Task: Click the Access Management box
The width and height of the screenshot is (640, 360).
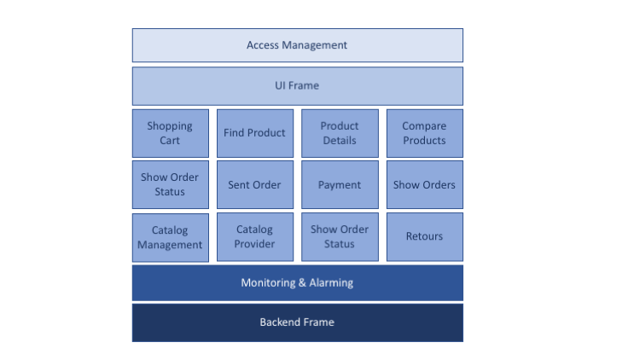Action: click(x=297, y=45)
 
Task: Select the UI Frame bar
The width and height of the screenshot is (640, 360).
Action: click(x=297, y=85)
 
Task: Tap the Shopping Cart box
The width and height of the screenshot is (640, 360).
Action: click(x=170, y=133)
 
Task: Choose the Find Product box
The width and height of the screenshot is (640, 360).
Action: click(x=254, y=133)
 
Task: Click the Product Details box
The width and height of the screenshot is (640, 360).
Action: click(x=340, y=133)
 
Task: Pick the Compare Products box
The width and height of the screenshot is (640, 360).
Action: click(x=424, y=133)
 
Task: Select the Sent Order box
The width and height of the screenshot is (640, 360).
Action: click(x=254, y=184)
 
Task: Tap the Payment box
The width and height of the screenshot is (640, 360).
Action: click(x=340, y=184)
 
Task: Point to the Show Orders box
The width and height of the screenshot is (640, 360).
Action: click(x=424, y=184)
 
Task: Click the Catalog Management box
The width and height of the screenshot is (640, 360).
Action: click(x=170, y=237)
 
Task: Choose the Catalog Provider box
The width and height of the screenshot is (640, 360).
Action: click(x=254, y=237)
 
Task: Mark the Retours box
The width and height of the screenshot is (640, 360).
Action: click(x=424, y=237)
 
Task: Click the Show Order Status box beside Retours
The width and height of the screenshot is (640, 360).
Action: click(x=340, y=237)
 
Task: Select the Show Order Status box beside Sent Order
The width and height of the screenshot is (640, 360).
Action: click(x=170, y=184)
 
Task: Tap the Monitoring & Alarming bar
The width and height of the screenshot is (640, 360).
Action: click(x=297, y=282)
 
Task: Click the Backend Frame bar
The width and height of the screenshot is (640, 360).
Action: click(x=297, y=322)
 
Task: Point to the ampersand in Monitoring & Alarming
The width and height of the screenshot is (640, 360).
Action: click(x=301, y=282)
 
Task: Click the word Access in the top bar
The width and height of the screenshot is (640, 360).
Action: click(x=264, y=45)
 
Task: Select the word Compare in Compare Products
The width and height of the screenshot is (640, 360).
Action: click(x=424, y=126)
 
